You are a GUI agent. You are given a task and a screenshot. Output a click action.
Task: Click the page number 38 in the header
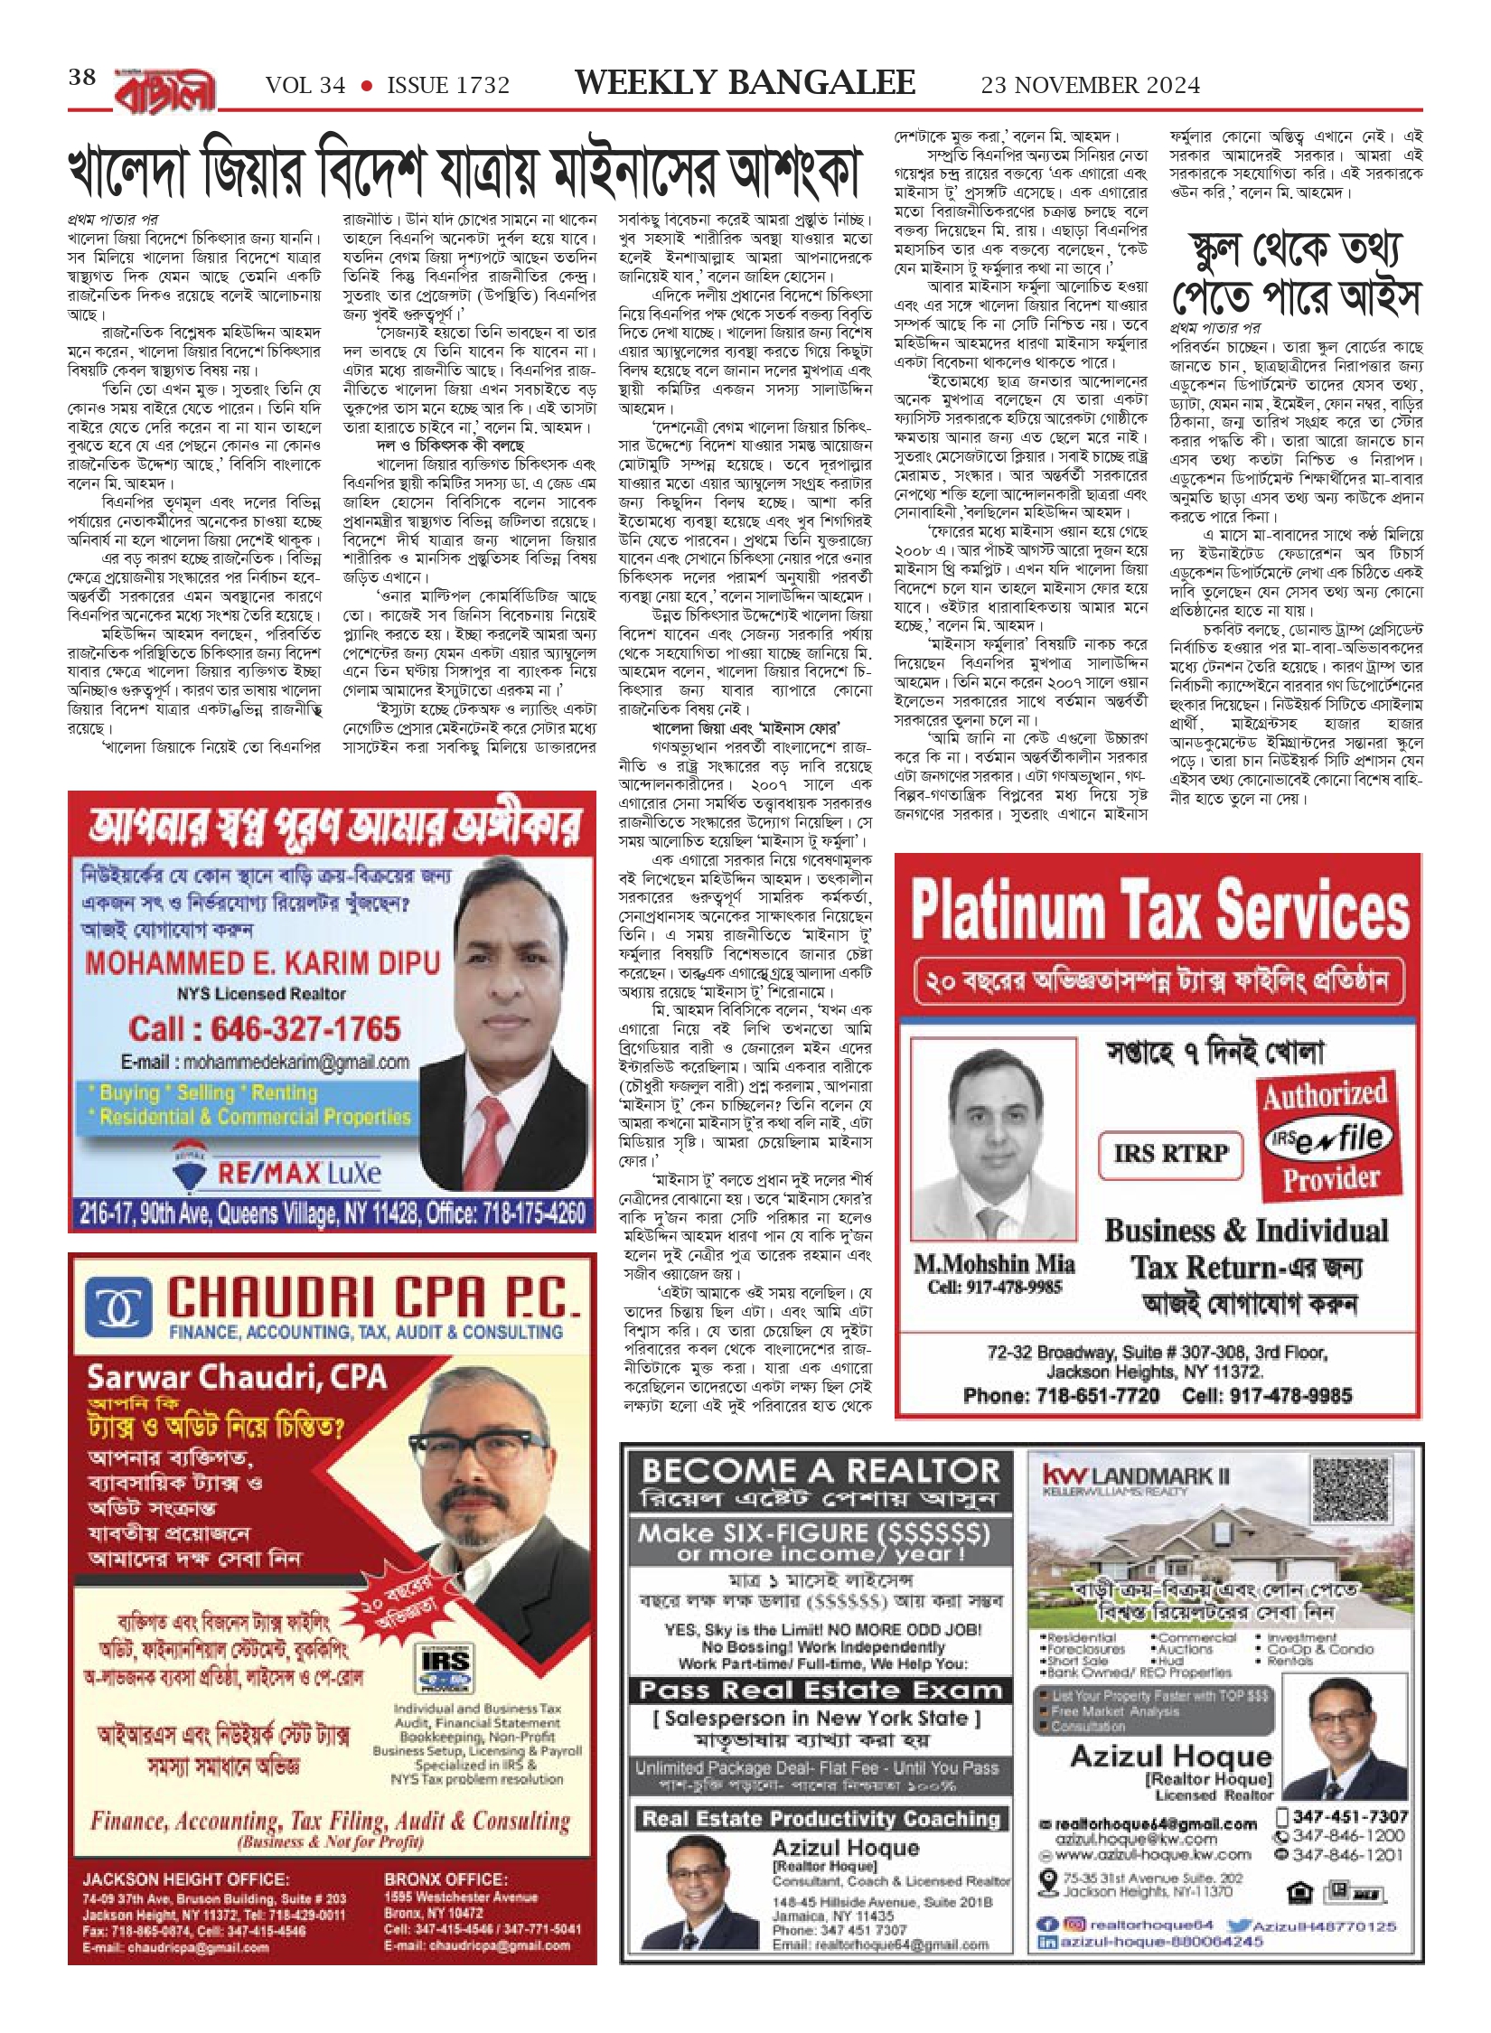tap(82, 78)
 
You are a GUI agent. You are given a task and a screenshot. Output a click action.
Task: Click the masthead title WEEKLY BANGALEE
tap(745, 83)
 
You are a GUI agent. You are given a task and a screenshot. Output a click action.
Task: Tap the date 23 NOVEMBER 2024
tap(1090, 86)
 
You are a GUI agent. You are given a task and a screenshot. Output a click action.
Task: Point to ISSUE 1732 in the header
tap(448, 86)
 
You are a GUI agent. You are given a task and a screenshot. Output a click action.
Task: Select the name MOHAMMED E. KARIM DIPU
tap(262, 962)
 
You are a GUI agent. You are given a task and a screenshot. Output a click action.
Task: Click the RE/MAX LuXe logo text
tap(298, 1173)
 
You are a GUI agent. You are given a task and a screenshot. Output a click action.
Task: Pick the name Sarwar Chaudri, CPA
tap(237, 1377)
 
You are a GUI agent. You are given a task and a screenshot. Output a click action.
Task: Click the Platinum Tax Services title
tap(1159, 908)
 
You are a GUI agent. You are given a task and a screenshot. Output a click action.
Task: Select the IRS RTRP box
tap(1170, 1153)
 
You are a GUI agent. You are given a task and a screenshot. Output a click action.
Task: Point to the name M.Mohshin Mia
tap(994, 1263)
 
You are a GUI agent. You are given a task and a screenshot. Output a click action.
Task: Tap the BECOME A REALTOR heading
tap(821, 1471)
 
